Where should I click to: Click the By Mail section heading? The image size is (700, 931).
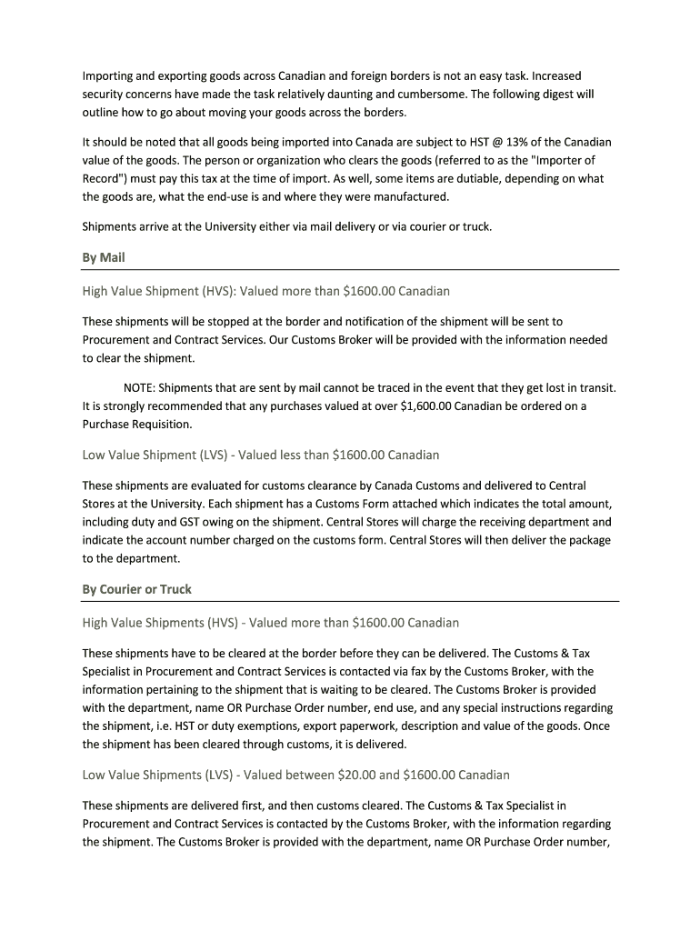(104, 257)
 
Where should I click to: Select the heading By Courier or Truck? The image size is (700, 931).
(137, 589)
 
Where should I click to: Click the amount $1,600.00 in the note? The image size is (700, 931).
(425, 405)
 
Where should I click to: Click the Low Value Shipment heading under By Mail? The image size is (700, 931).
(261, 455)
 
